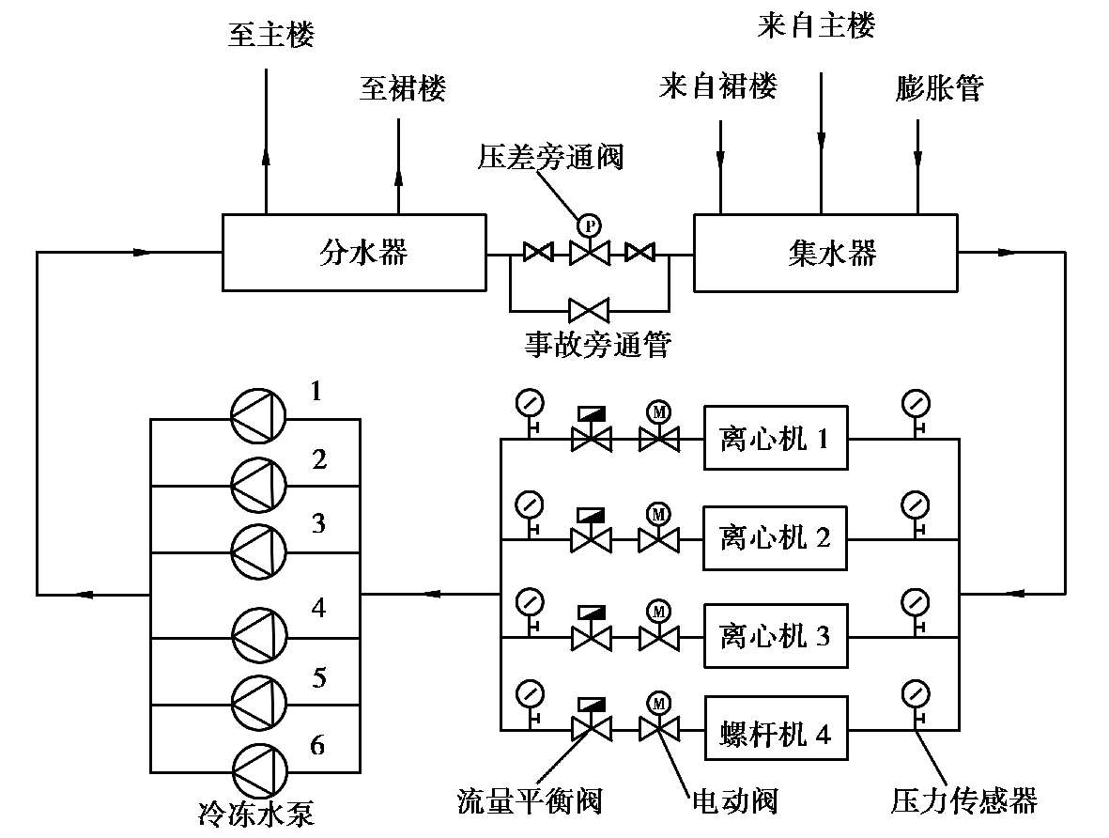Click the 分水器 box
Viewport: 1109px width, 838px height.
[354, 253]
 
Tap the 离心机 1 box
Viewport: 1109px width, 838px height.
[776, 438]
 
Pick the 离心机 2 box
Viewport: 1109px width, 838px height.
[776, 538]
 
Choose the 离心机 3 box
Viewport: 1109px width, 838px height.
[776, 636]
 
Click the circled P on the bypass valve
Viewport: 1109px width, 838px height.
[589, 225]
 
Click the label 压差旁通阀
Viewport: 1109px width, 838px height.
[550, 157]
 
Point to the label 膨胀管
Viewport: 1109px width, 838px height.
[939, 89]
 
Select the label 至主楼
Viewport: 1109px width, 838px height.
[270, 36]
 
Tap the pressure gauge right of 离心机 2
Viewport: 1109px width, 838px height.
[915, 504]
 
